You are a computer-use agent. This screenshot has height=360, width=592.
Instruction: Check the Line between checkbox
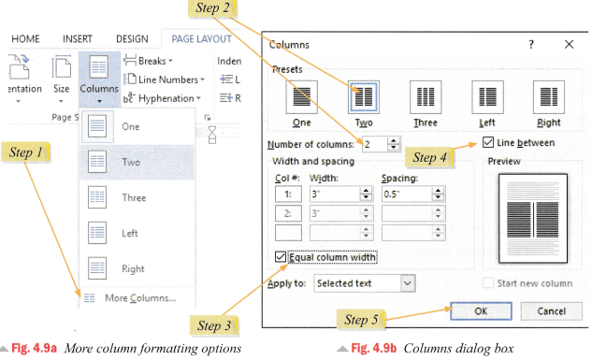pyautogui.click(x=489, y=143)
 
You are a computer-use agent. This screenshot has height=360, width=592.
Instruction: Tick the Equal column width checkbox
pyautogui.click(x=282, y=257)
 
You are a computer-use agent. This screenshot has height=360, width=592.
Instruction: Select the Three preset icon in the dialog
pyautogui.click(x=425, y=97)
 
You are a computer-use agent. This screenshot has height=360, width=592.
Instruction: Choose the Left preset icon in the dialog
pyautogui.click(x=486, y=97)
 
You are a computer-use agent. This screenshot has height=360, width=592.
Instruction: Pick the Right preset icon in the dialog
pyautogui.click(x=548, y=97)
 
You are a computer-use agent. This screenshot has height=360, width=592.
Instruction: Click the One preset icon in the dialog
pyautogui.click(x=301, y=97)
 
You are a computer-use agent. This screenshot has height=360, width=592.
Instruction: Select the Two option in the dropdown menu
pyautogui.click(x=131, y=162)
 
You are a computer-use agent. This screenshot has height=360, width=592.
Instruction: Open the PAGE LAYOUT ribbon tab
pyautogui.click(x=202, y=39)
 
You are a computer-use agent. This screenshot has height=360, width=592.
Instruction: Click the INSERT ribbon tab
pyautogui.click(x=78, y=39)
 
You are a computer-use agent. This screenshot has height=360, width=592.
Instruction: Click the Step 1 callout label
pyautogui.click(x=33, y=151)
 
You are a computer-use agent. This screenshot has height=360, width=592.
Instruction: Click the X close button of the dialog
pyautogui.click(x=569, y=44)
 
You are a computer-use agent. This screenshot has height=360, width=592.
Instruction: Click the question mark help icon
pyautogui.click(x=531, y=44)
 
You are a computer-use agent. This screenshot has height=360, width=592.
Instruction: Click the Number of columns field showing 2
pyautogui.click(x=373, y=144)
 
